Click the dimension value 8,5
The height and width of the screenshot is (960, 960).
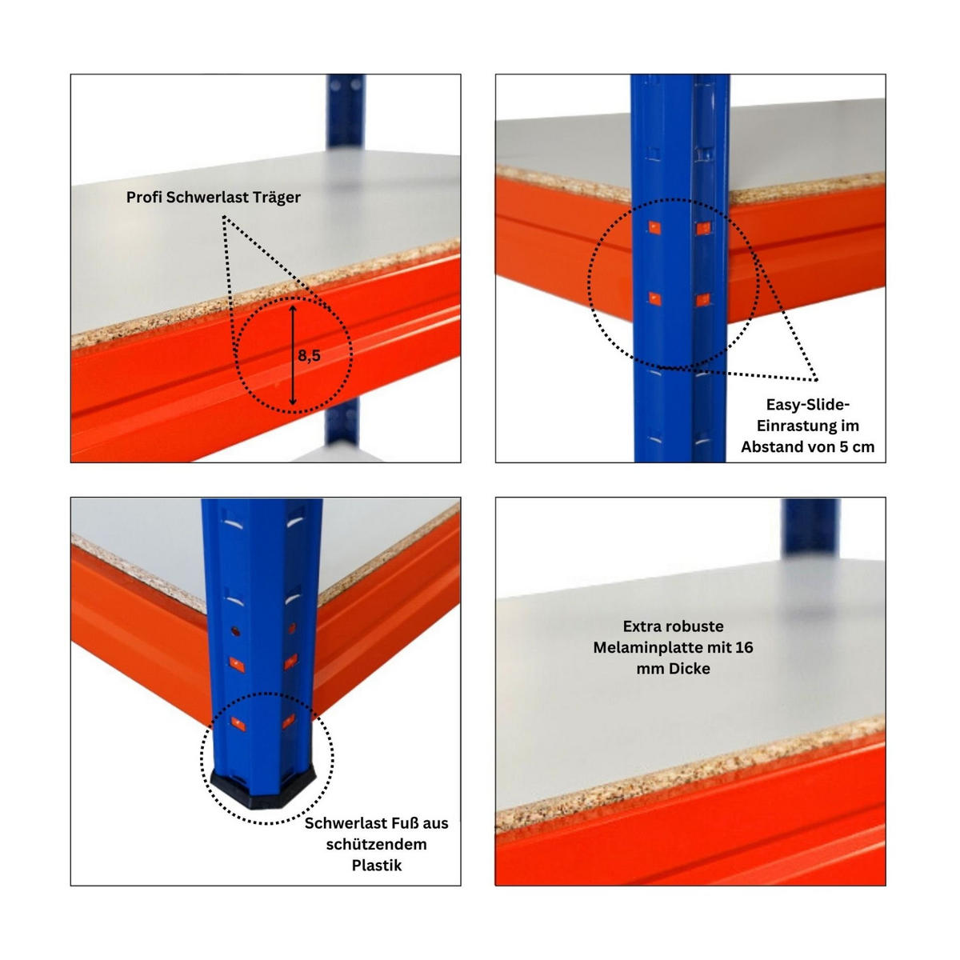[x=309, y=356]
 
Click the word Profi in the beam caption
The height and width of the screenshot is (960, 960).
[x=145, y=198]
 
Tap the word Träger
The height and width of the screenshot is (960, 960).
[x=277, y=198]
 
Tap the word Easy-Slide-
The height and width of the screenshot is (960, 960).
[x=807, y=405]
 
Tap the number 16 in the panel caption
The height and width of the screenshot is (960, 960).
[x=744, y=648]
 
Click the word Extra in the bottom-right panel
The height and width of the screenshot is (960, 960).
[x=641, y=626]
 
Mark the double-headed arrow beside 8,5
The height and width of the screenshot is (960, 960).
[x=293, y=355]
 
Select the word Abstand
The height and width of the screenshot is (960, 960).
[x=771, y=446]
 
